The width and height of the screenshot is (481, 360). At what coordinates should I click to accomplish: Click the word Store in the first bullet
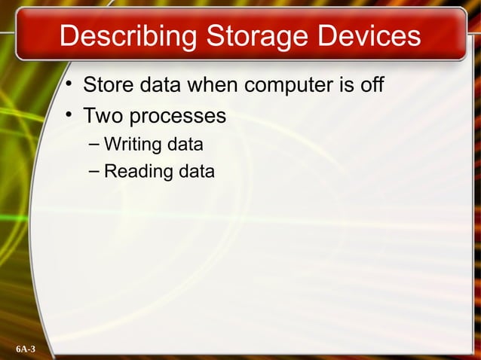pyautogui.click(x=106, y=83)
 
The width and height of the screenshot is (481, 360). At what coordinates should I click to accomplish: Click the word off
pyautogui.click(x=372, y=83)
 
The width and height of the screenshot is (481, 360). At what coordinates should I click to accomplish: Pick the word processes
pyautogui.click(x=176, y=117)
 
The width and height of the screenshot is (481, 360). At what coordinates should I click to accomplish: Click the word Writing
pyautogui.click(x=129, y=143)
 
